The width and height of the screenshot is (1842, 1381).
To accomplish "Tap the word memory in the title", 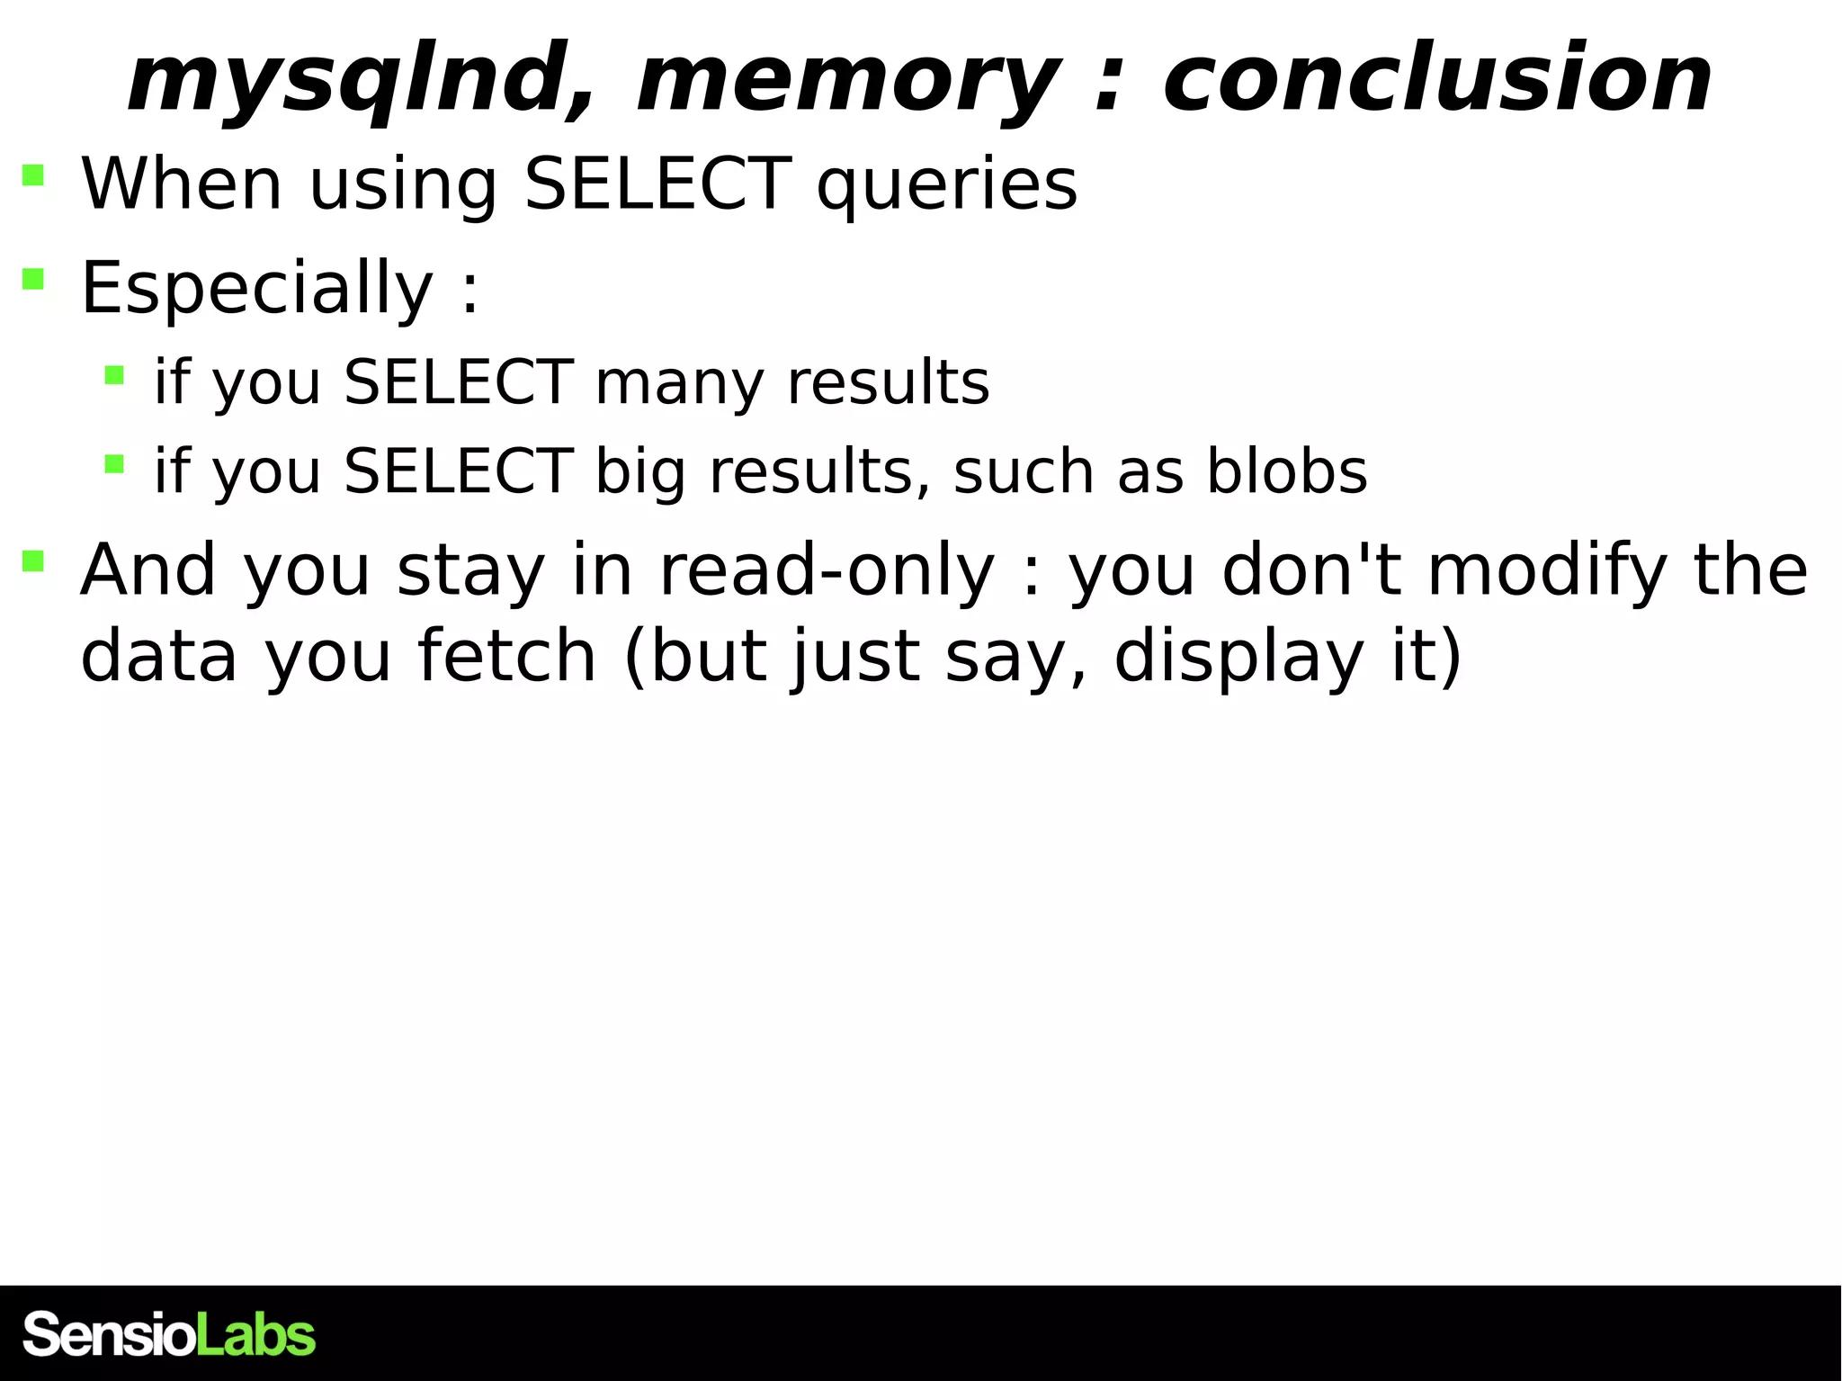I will [x=849, y=81].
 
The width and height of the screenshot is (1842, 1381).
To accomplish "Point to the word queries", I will [x=946, y=185].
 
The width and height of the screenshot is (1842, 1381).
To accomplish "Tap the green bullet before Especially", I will [x=33, y=279].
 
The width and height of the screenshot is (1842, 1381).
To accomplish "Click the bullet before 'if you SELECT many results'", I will [x=114, y=374].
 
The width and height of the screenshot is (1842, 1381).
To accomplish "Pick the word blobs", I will [x=1286, y=471].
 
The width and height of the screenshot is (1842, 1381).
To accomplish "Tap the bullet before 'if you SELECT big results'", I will [x=114, y=464].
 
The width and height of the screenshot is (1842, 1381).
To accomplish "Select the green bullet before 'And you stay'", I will [x=33, y=561].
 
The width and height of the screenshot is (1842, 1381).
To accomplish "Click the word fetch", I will [x=507, y=657].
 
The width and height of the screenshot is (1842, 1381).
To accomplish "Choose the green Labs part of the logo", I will [x=256, y=1335].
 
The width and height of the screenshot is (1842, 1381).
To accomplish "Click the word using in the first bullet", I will [x=403, y=185].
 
